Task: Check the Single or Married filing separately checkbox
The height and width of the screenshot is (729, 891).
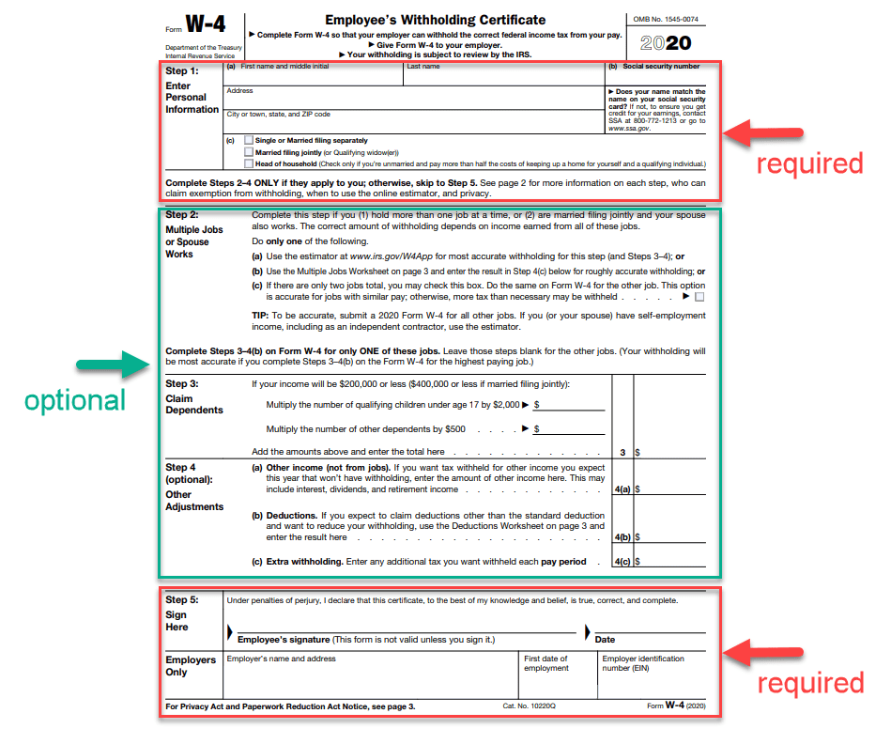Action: [248, 140]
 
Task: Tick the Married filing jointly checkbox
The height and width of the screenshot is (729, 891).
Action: [248, 151]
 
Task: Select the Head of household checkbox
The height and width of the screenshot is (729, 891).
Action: [248, 163]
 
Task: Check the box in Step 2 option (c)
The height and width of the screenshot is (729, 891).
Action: [699, 297]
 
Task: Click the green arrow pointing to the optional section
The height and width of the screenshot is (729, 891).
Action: [125, 364]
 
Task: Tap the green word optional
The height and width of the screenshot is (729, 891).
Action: [75, 400]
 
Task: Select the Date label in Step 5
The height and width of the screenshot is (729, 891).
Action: [605, 640]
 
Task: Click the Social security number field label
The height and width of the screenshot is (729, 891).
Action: [661, 67]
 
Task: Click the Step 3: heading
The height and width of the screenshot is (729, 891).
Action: [182, 383]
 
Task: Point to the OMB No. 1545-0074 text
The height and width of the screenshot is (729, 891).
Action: [665, 19]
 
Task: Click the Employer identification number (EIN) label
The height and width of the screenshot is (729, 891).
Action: [643, 663]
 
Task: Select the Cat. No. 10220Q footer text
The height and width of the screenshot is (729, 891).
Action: [530, 706]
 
